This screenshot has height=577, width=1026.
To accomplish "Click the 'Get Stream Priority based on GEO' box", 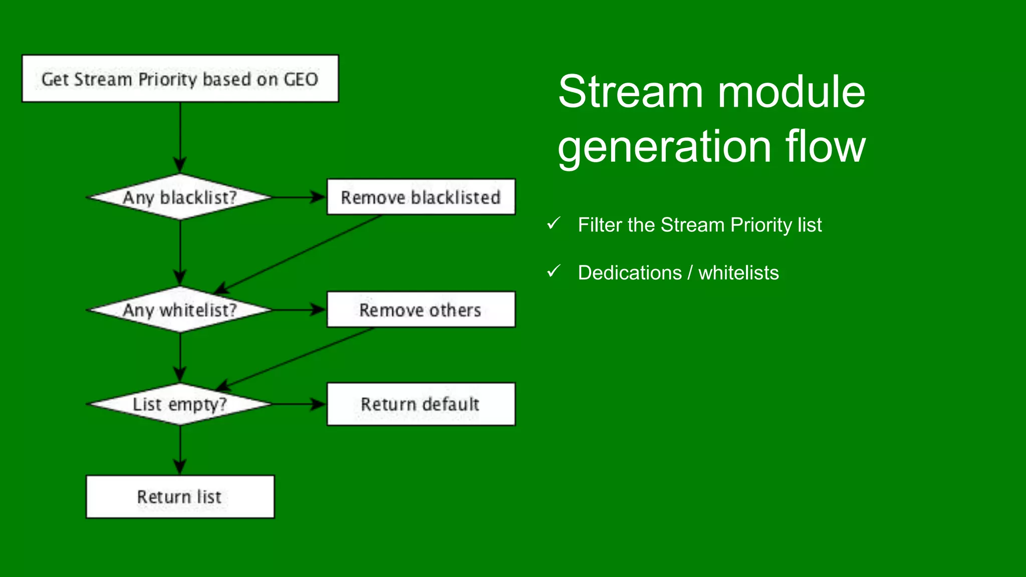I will pos(180,79).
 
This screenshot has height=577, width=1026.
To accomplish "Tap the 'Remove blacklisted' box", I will pos(421,197).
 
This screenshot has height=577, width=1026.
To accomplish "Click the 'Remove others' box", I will pos(421,310).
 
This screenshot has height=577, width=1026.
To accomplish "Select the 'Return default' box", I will pos(421,404).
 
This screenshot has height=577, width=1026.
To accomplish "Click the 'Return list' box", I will pos(180,497).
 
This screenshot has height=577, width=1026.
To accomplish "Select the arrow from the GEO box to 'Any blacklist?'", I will pos(180,138).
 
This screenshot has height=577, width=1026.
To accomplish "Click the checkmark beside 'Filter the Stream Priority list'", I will pos(554,223).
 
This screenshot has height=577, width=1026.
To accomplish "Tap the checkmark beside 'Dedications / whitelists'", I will pos(554,271).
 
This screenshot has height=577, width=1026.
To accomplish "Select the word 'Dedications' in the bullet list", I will pos(630,273).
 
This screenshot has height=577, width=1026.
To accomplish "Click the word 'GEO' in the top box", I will pos(301,80).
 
